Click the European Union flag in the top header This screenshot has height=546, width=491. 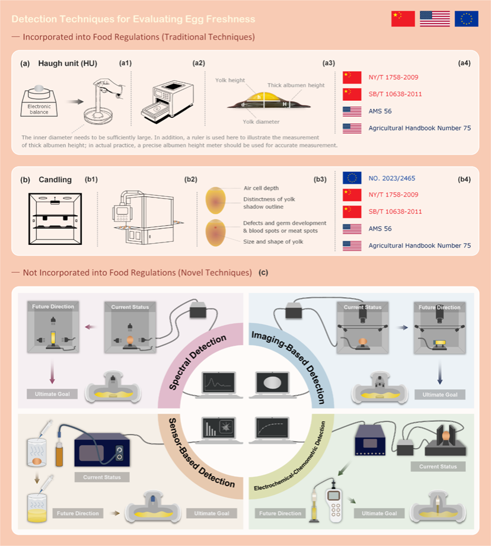click(x=466, y=19)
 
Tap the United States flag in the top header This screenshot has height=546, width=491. click(x=434, y=19)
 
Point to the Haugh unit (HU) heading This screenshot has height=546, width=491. click(x=68, y=63)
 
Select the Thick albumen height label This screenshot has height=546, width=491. click(x=296, y=85)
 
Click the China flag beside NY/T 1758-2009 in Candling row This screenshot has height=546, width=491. click(x=352, y=194)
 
